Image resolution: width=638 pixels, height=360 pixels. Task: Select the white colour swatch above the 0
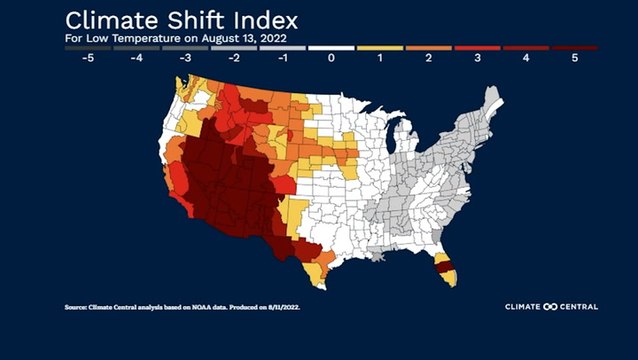click(332, 47)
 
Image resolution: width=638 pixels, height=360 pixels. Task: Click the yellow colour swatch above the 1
click(380, 47)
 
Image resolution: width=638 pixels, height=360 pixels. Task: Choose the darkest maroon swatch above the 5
click(574, 47)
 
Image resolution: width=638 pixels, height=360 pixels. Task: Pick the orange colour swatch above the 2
click(429, 47)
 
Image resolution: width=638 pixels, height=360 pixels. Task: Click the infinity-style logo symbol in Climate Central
click(548, 306)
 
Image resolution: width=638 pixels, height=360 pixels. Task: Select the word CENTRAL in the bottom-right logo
click(578, 306)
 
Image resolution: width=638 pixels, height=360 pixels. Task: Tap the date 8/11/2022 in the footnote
click(281, 307)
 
